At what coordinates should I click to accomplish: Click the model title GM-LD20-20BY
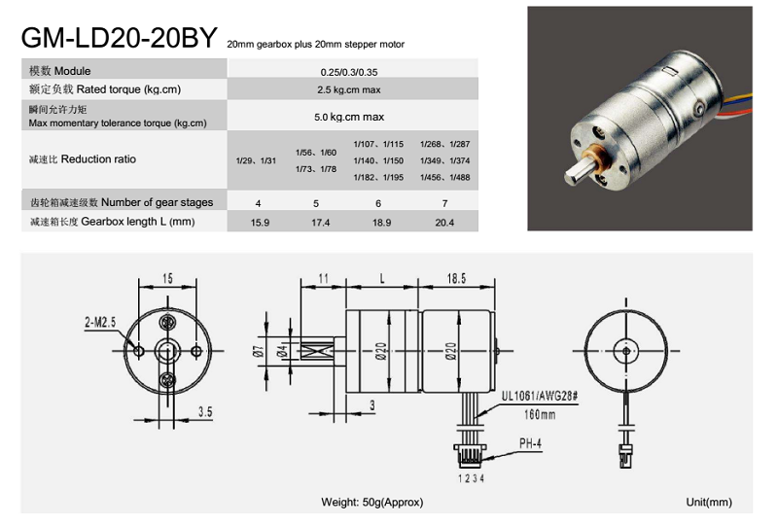(119, 37)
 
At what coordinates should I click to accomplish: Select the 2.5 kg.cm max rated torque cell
(349, 89)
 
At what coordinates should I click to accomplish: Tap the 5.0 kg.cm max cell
(349, 117)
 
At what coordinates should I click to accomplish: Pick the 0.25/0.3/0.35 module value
(349, 72)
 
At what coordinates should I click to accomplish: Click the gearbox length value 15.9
(260, 223)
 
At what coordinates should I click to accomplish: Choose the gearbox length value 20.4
(444, 223)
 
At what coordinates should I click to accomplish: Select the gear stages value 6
(378, 203)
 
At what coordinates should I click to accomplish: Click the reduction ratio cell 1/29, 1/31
(256, 160)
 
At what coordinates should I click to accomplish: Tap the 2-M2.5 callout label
(100, 323)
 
